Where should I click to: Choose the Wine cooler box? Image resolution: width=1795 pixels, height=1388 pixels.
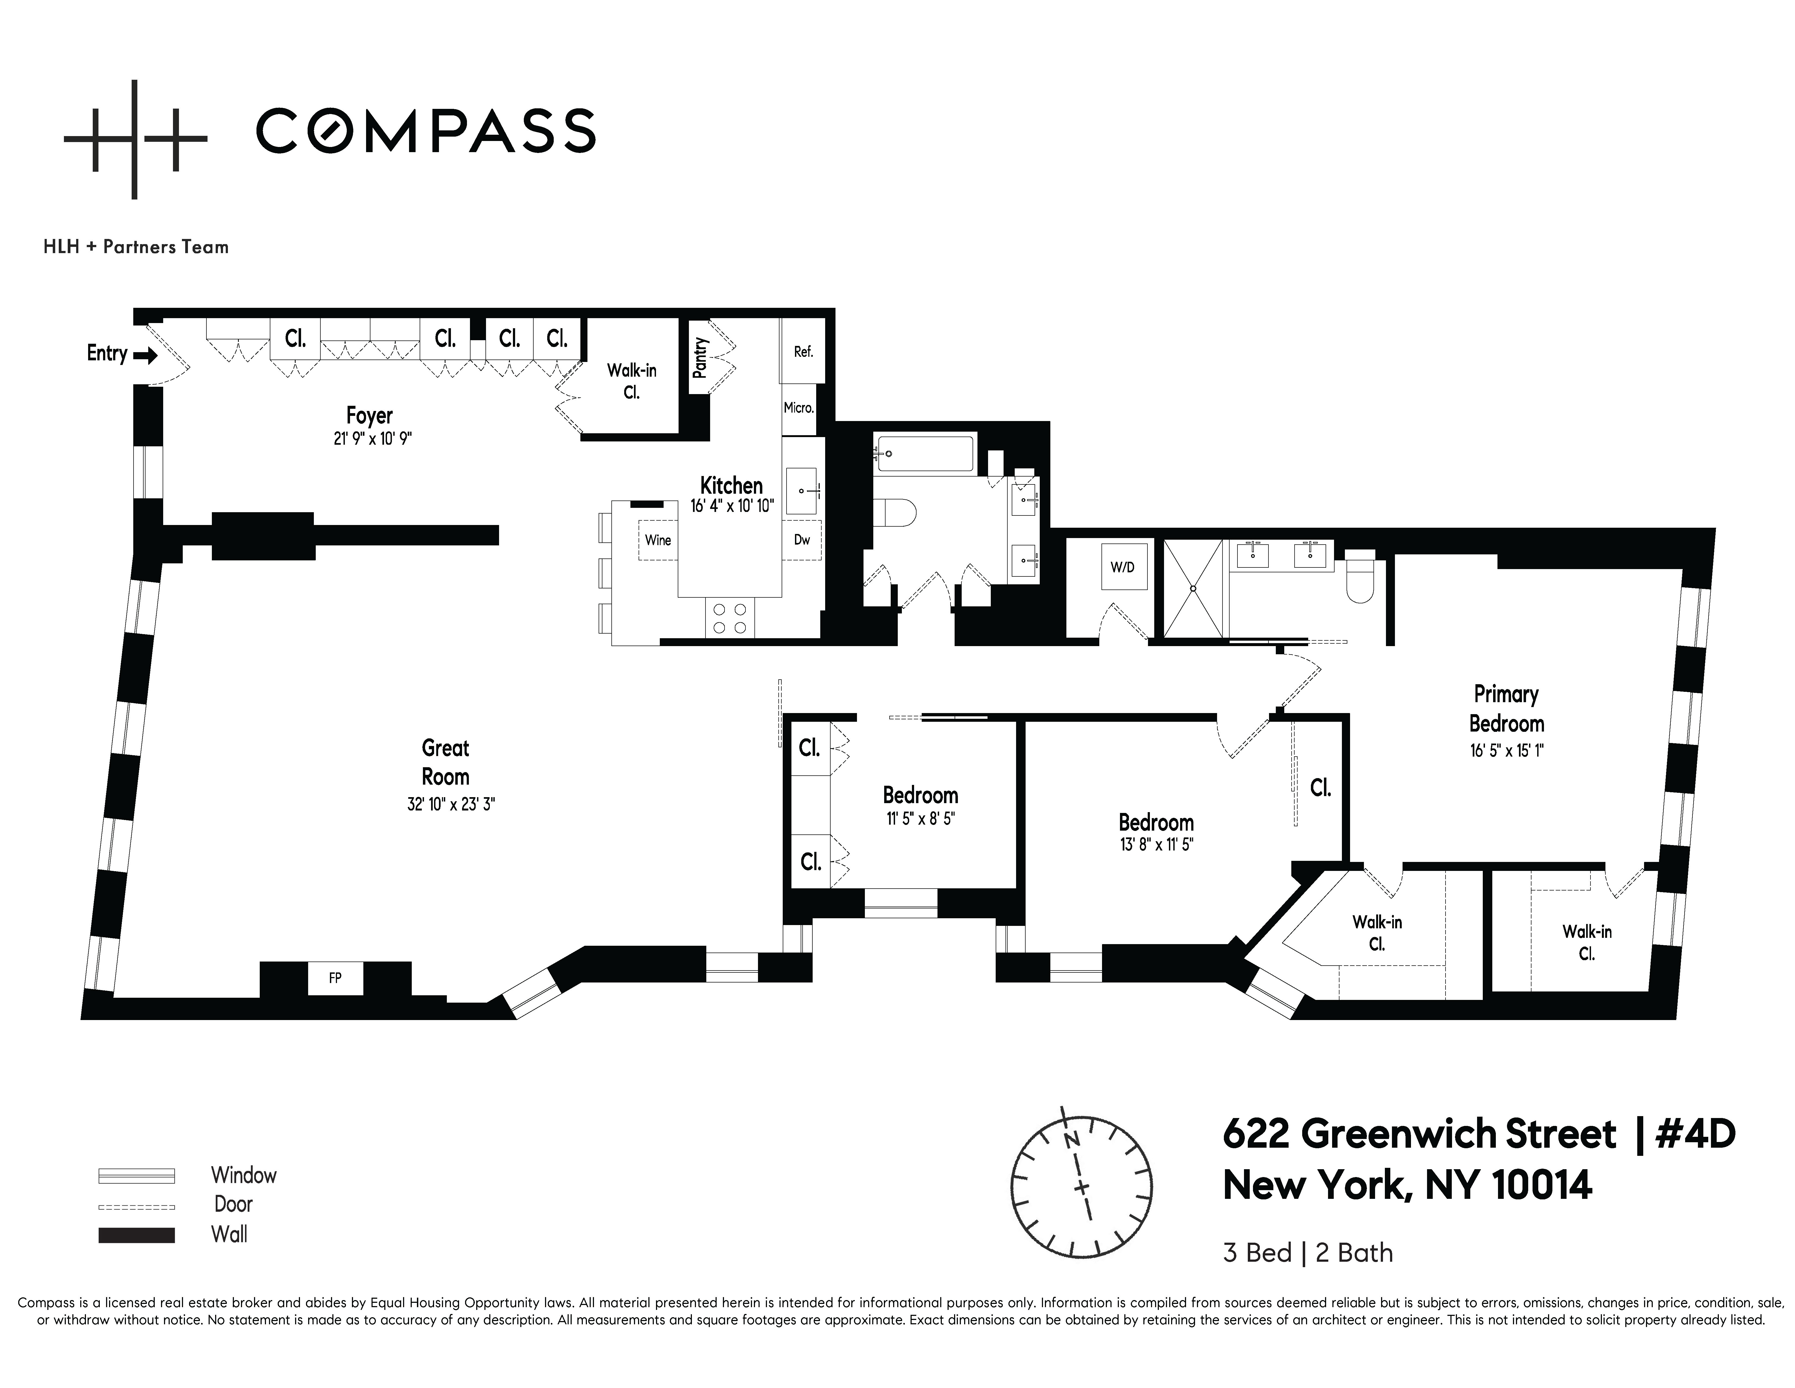tap(658, 540)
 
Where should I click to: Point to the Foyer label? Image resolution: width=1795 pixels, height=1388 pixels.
tap(369, 415)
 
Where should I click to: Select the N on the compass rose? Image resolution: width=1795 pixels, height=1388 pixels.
tap(1071, 1140)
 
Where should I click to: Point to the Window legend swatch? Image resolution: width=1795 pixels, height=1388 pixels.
tap(137, 1176)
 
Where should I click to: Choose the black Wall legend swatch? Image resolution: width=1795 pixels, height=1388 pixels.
tap(137, 1235)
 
